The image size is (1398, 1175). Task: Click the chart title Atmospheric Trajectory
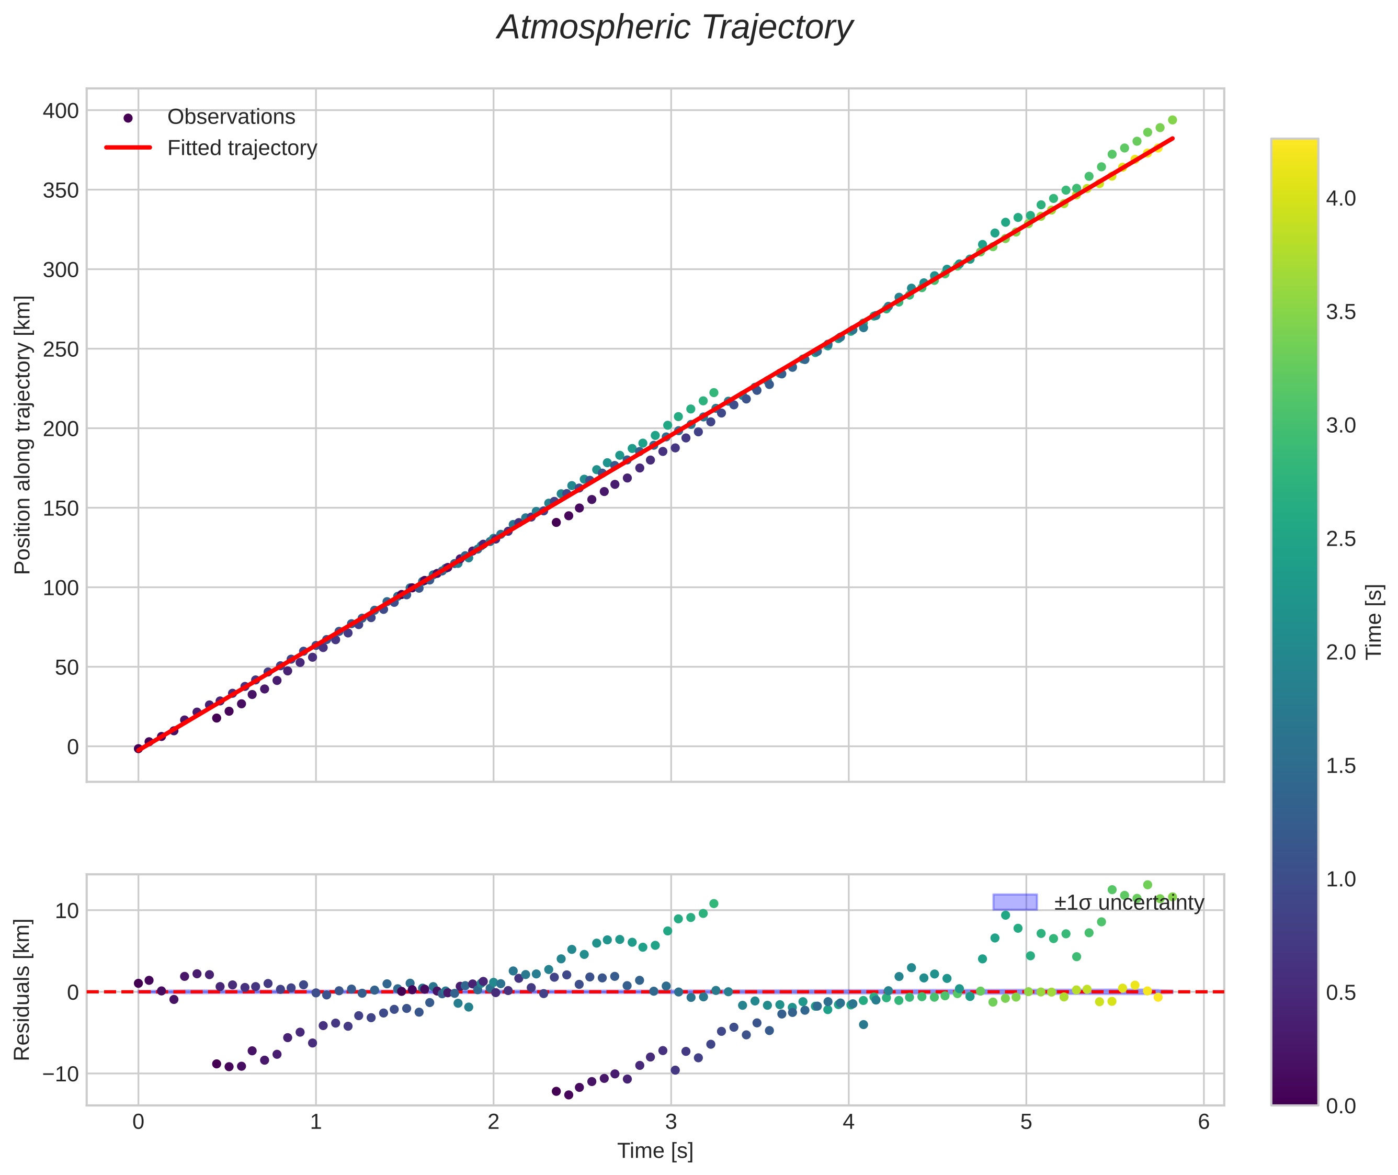tap(675, 28)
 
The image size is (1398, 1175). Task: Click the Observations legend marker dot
tap(129, 118)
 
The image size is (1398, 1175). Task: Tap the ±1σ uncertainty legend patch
tap(1014, 902)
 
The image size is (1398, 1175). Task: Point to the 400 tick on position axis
tap(61, 110)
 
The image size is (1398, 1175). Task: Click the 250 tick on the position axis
tap(61, 349)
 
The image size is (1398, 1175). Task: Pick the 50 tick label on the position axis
tap(66, 667)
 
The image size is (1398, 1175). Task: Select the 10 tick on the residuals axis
tap(66, 911)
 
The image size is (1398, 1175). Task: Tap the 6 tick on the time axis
tap(1203, 1122)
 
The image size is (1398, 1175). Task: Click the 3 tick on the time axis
tap(670, 1122)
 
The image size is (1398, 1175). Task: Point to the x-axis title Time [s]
tap(655, 1151)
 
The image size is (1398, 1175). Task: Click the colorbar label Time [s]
tap(1374, 622)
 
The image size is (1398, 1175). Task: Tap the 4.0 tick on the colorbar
tap(1340, 198)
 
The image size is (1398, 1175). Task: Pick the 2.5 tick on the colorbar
tap(1340, 539)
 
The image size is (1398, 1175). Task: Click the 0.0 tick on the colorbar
tap(1340, 1106)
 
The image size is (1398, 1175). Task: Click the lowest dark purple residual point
tap(568, 1094)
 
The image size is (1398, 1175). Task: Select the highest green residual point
tap(1147, 885)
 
